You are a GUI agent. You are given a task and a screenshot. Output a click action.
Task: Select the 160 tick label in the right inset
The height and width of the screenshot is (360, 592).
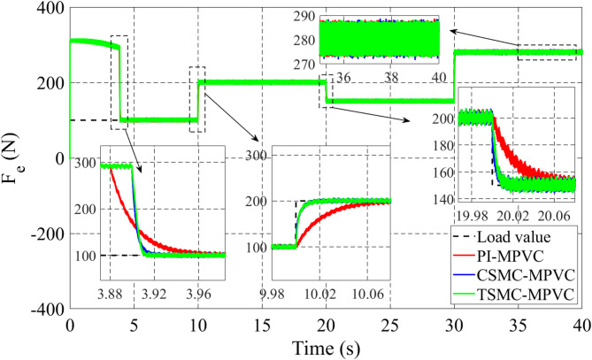[x=441, y=164]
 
